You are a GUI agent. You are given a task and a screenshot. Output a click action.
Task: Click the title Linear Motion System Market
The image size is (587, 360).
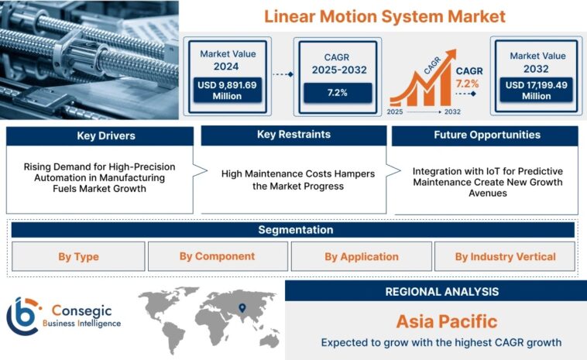pos(384,15)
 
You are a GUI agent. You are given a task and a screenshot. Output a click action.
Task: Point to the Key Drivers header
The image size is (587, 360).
pos(100,136)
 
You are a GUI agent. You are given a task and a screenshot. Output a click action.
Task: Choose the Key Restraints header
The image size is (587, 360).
pos(293,135)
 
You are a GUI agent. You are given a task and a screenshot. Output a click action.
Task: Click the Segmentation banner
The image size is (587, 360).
pos(293,230)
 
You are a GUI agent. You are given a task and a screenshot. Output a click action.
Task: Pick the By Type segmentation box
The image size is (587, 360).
pos(78,256)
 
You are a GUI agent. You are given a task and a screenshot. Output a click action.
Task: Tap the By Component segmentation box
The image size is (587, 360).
pos(217,256)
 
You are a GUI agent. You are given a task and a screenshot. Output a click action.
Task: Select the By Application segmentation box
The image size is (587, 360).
pos(361,256)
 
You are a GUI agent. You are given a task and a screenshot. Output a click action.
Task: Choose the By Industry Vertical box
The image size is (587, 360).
pos(505,256)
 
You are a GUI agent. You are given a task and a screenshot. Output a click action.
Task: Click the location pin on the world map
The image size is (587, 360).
pos(242,307)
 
